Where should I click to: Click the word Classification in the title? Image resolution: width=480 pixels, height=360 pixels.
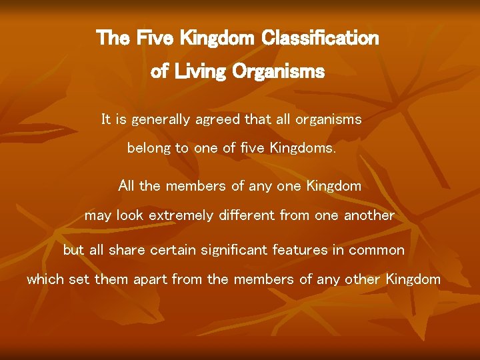pos(321,38)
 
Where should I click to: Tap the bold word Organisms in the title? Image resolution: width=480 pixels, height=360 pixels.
pos(279,71)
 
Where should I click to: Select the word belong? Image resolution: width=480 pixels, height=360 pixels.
pos(149,149)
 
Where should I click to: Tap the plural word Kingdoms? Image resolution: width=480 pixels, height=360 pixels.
pos(303,149)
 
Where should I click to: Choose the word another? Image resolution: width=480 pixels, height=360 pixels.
pos(369,216)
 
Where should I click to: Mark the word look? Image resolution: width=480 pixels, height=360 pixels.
pos(129,216)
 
